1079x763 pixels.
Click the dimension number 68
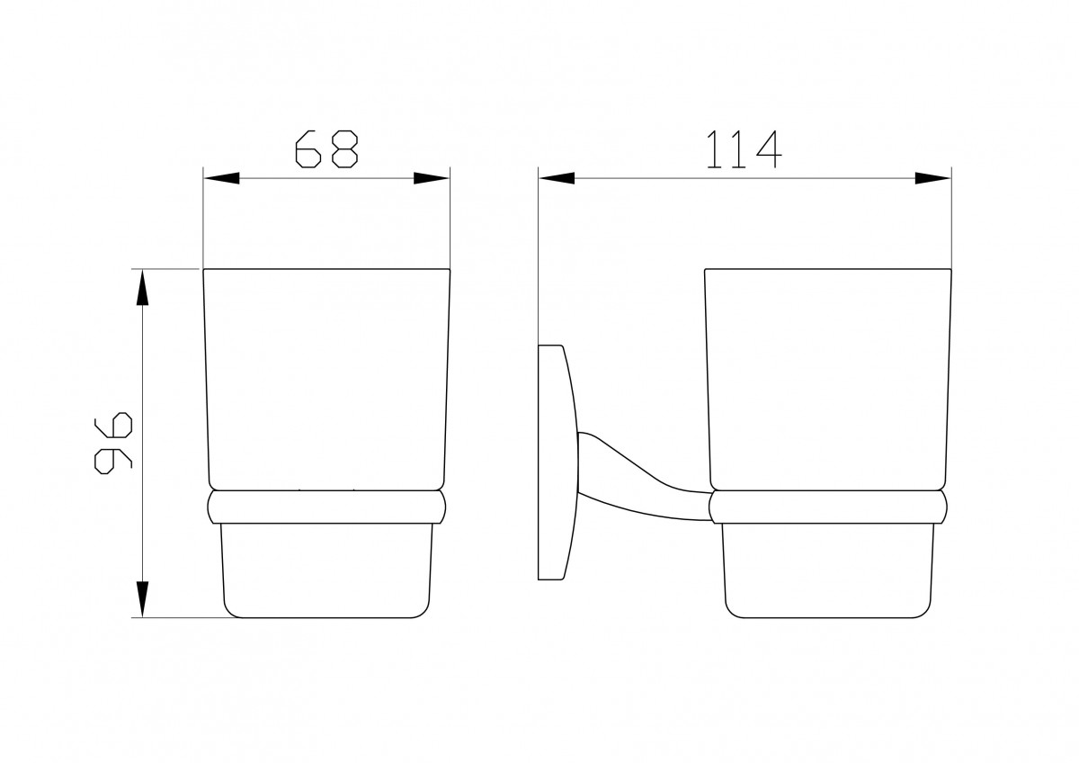[x=326, y=149]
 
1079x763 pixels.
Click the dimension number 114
[x=744, y=149]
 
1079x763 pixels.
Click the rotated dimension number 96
[x=113, y=443]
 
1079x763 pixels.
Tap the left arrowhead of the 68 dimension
[x=221, y=178]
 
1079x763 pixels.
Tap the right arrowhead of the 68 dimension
[x=432, y=178]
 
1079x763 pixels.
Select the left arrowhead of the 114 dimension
[x=557, y=178]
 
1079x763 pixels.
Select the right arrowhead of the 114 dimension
[x=933, y=178]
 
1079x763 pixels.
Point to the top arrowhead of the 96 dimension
[x=142, y=287]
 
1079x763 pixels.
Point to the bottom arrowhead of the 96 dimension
[x=142, y=599]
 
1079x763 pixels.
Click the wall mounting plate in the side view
[x=557, y=462]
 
